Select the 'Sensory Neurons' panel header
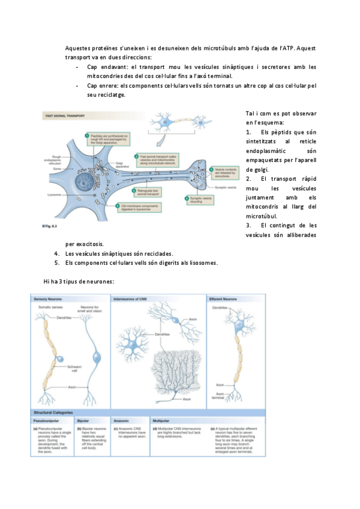(x=49, y=298)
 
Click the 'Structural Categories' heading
(x=54, y=412)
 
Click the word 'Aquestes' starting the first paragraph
(x=80, y=47)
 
